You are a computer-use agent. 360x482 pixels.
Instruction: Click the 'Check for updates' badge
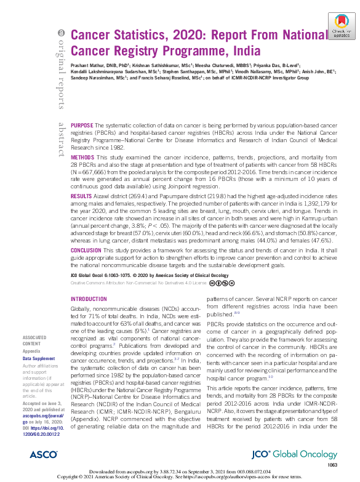pyautogui.click(x=338, y=28)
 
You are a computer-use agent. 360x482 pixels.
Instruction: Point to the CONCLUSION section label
pyautogui.click(x=86, y=268)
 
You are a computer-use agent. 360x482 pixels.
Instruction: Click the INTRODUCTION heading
pyautogui.click(x=89, y=299)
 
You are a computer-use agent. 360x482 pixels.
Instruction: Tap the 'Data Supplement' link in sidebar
pyautogui.click(x=38, y=358)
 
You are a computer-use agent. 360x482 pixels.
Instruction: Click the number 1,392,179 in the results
pyautogui.click(x=313, y=219)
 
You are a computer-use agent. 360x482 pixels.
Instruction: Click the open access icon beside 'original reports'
pyautogui.click(x=60, y=33)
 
